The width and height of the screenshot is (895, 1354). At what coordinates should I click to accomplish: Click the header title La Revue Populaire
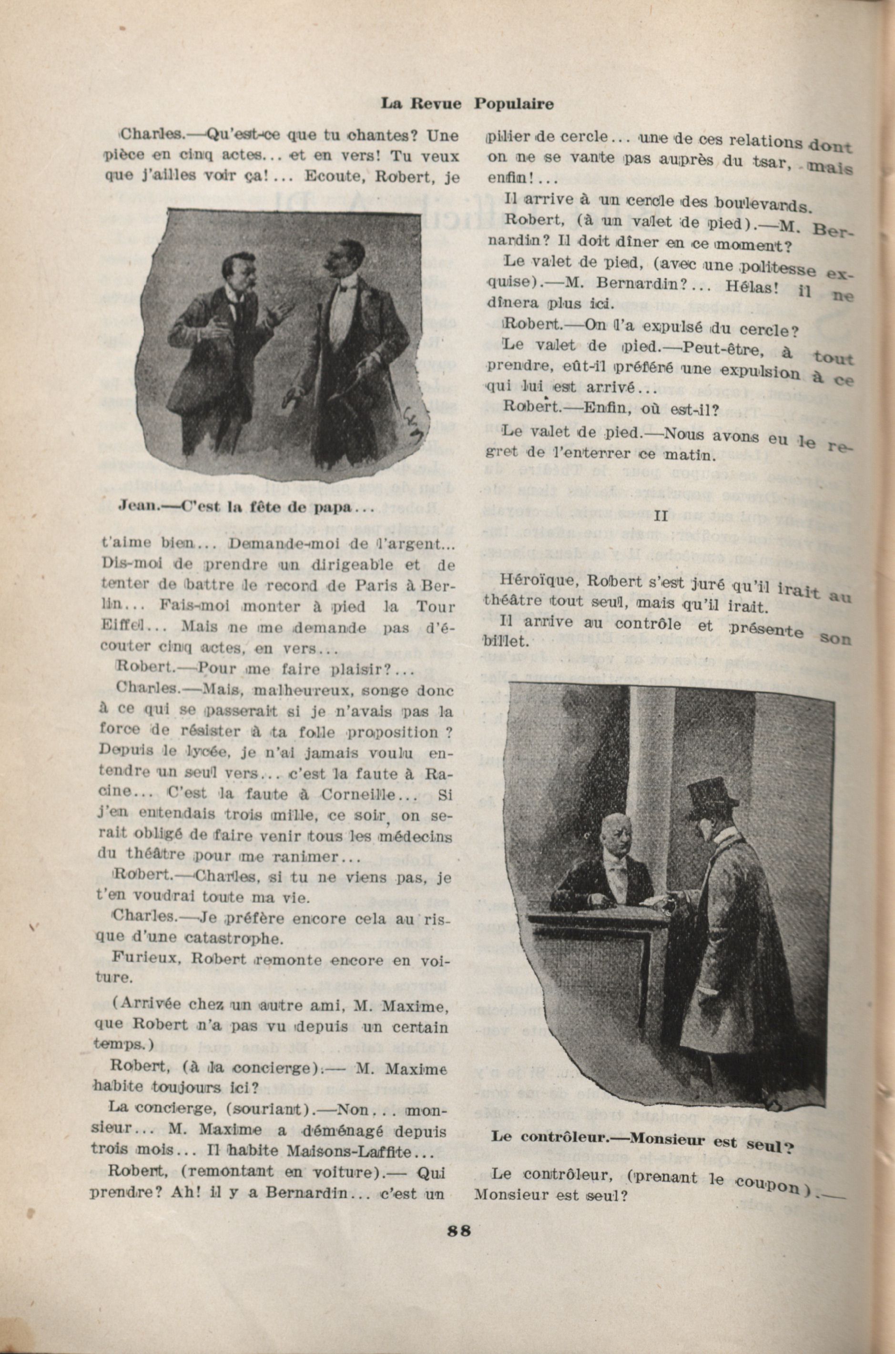(467, 104)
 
